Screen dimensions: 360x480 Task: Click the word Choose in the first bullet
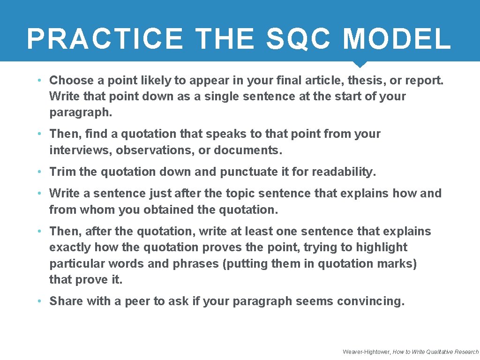(x=71, y=81)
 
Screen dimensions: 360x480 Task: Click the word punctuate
(x=249, y=172)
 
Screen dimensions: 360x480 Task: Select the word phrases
(x=195, y=263)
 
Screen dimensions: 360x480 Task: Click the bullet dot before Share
(x=41, y=301)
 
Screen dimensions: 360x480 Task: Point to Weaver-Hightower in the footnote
(x=366, y=352)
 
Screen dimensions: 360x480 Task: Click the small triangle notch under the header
(x=360, y=65)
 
